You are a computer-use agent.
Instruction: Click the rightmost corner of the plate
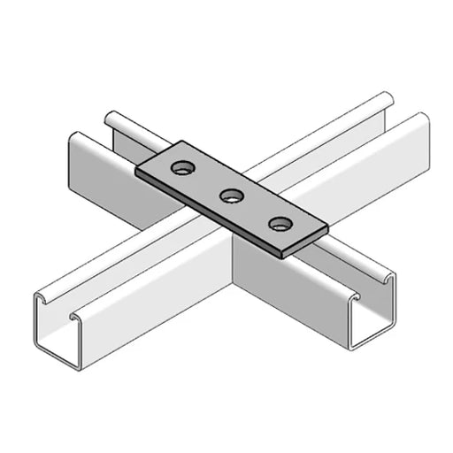[x=328, y=227]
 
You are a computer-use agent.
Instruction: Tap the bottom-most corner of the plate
[x=282, y=257]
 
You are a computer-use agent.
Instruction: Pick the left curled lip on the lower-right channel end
[x=353, y=301]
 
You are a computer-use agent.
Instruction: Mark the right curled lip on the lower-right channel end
[x=389, y=278]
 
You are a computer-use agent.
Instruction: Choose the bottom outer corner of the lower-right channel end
[x=355, y=349]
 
